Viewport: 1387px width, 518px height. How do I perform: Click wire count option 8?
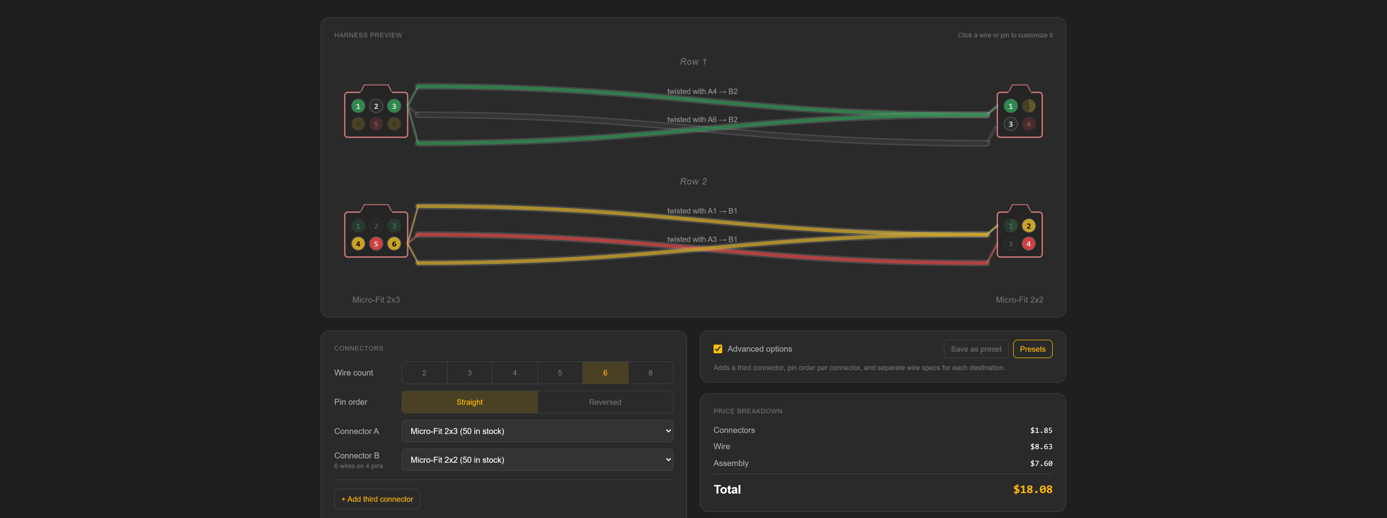[x=650, y=373]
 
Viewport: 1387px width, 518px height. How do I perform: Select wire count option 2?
[x=424, y=373]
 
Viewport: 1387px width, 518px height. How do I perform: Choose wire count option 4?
[x=515, y=373]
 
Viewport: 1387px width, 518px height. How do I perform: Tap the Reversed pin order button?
[x=605, y=402]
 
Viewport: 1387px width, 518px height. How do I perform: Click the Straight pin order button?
[x=469, y=402]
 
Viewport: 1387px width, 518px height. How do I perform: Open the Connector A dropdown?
[x=537, y=431]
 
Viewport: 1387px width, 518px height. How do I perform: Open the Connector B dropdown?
[x=537, y=460]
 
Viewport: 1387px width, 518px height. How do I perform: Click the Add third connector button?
[x=377, y=499]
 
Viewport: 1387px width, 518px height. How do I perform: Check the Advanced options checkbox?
[x=718, y=349]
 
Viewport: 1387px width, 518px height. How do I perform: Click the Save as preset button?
[x=976, y=349]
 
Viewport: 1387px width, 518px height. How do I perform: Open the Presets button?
[x=1033, y=349]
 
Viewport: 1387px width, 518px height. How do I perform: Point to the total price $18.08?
[x=1033, y=489]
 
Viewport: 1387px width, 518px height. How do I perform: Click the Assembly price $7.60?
[x=1041, y=463]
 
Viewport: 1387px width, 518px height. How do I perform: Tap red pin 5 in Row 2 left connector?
[x=376, y=244]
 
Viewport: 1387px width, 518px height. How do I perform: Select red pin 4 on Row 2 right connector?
[x=1028, y=244]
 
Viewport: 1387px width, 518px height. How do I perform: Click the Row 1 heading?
[x=693, y=62]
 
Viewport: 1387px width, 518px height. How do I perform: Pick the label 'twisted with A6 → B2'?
[x=702, y=120]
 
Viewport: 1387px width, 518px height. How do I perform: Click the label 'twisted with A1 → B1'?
[x=702, y=211]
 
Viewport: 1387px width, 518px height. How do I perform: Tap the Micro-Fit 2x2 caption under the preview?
[x=1019, y=300]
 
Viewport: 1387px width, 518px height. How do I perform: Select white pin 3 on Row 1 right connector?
[x=1010, y=124]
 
